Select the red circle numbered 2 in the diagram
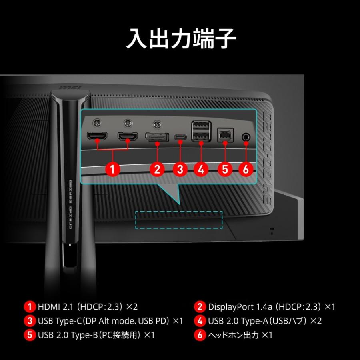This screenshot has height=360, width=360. click(157, 168)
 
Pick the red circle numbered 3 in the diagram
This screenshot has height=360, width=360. click(180, 168)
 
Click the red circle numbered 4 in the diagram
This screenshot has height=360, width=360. click(201, 168)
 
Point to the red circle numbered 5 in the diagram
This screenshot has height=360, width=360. click(224, 168)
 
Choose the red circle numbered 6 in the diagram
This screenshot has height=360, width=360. click(246, 168)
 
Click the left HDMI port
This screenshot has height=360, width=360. click(98, 137)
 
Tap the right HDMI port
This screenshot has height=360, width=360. click(128, 137)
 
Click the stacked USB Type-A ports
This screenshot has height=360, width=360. click(201, 132)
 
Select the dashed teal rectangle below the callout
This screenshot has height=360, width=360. click(179, 220)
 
